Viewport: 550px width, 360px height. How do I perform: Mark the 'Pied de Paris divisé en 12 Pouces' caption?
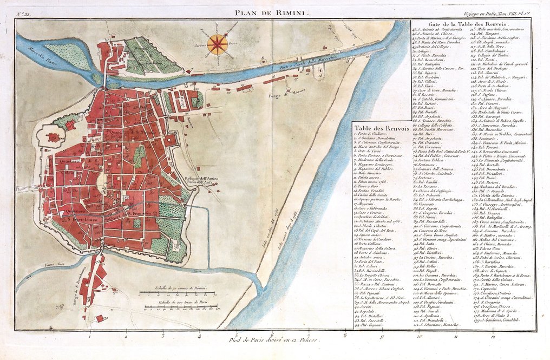tap(275, 341)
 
